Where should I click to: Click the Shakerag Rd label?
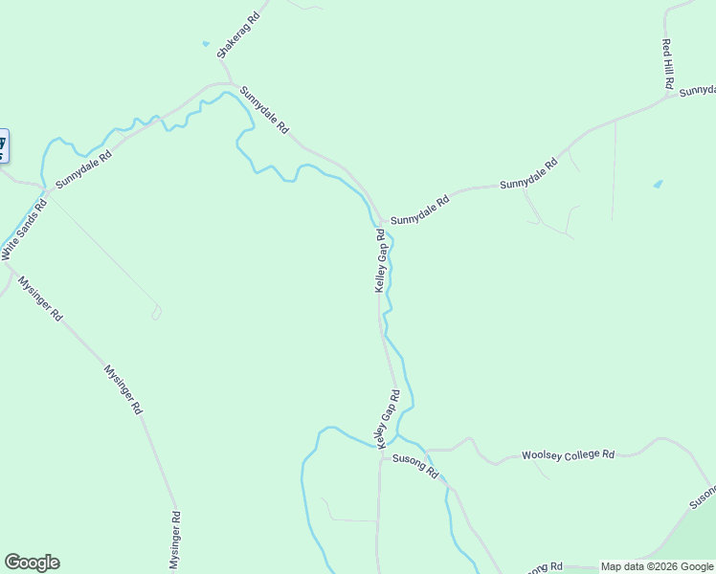click(238, 35)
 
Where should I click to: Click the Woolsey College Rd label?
click(568, 455)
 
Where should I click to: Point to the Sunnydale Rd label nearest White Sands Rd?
click(83, 168)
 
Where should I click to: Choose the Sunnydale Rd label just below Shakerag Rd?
click(264, 110)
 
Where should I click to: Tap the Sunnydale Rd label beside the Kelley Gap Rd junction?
click(419, 211)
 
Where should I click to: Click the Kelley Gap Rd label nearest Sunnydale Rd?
click(380, 260)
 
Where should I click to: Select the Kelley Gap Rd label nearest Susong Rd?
click(388, 418)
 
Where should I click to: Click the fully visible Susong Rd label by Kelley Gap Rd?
click(414, 466)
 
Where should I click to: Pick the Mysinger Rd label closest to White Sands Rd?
click(40, 298)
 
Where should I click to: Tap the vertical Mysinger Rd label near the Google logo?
click(175, 541)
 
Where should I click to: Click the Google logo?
click(32, 563)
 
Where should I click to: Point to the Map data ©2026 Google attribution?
click(657, 566)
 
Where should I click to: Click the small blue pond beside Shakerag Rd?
click(205, 43)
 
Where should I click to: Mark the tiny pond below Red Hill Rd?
click(657, 183)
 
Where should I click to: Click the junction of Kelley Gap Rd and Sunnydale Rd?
click(382, 219)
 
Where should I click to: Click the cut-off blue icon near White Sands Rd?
click(3, 145)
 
